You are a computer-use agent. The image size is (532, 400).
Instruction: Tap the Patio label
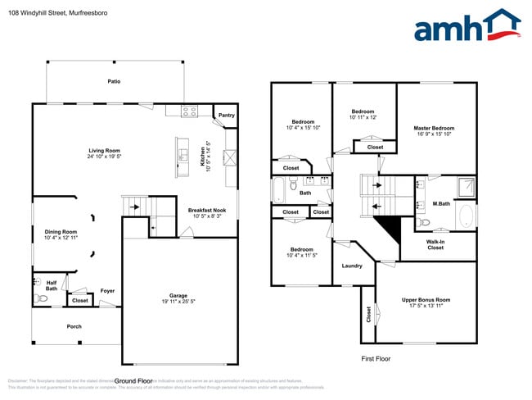click(x=115, y=81)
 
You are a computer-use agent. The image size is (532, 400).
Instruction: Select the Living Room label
click(x=105, y=150)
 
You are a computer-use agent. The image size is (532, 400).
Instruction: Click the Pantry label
click(x=226, y=116)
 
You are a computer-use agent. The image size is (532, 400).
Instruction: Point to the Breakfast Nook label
click(x=206, y=211)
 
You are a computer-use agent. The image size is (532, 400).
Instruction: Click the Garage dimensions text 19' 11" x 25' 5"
click(x=178, y=301)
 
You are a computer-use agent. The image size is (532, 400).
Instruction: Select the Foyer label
click(x=107, y=290)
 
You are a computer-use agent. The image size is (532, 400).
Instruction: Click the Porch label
click(x=74, y=326)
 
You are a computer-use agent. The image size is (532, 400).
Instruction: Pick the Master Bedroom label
click(x=434, y=128)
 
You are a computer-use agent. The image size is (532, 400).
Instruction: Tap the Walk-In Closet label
click(x=435, y=244)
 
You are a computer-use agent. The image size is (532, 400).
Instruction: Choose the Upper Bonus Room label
click(x=426, y=300)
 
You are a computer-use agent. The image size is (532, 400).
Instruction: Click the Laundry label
click(x=352, y=266)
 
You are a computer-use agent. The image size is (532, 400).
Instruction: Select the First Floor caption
click(x=377, y=359)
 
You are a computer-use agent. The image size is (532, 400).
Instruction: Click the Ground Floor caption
click(x=133, y=380)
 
